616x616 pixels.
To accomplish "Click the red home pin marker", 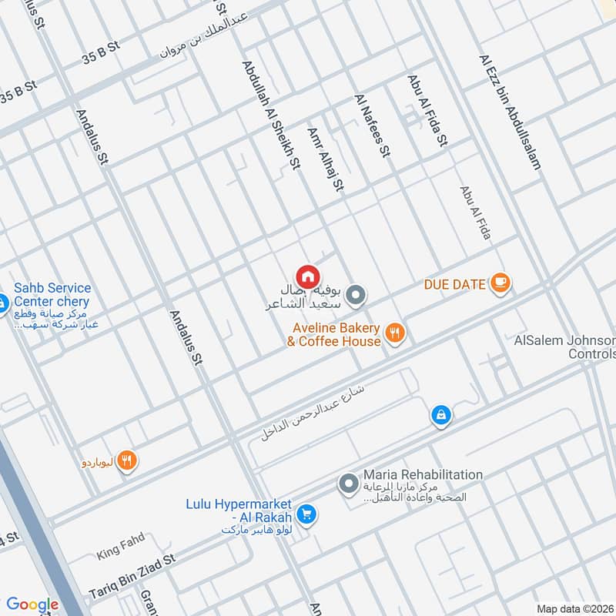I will tap(307, 276).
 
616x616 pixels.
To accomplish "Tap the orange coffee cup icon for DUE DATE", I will tap(500, 283).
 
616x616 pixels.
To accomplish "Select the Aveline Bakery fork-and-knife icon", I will tap(395, 333).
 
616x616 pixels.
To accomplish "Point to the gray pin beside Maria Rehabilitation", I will tap(348, 484).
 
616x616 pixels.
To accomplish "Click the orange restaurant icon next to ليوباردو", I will tap(128, 461).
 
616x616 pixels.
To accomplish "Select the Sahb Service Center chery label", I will tap(51, 295).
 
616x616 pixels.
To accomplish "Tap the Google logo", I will tap(32, 604).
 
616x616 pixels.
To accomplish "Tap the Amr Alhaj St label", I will tap(325, 159).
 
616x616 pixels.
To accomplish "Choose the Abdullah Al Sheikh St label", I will tap(270, 115).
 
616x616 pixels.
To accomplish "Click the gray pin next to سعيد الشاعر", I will tap(355, 295).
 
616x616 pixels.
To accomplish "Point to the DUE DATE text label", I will tap(455, 284).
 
